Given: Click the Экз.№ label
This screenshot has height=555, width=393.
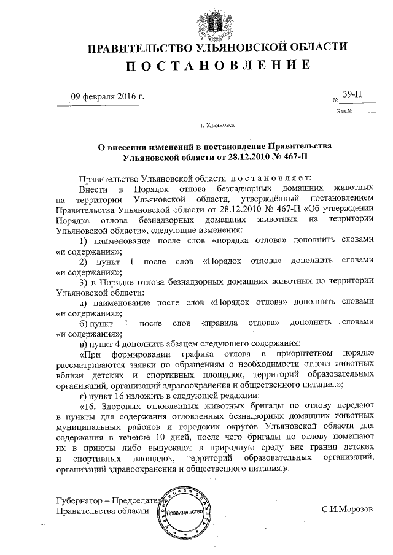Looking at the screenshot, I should (x=343, y=112).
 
